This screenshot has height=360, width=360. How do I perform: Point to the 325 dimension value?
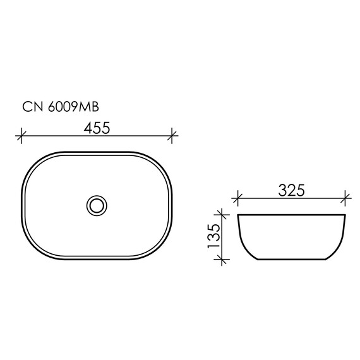(292, 189)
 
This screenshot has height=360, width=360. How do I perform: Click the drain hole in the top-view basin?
(96, 205)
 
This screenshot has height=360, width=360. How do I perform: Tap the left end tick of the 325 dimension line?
(237, 197)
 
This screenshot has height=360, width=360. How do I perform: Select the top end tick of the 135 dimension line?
(220, 215)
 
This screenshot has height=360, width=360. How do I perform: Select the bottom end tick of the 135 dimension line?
(220, 259)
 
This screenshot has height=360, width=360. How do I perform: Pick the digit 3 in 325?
(282, 189)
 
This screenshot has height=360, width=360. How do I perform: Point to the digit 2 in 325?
(292, 189)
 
